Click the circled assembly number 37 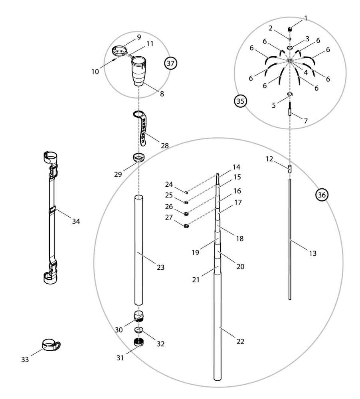(172, 63)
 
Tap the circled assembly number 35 (239, 101)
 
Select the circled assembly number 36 (322, 194)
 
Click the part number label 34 (76, 221)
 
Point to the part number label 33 (25, 360)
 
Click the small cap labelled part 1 (290, 29)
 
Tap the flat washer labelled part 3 (290, 47)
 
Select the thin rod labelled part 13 (290, 239)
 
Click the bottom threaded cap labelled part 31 (138, 342)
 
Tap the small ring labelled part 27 (186, 227)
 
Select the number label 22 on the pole (240, 342)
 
